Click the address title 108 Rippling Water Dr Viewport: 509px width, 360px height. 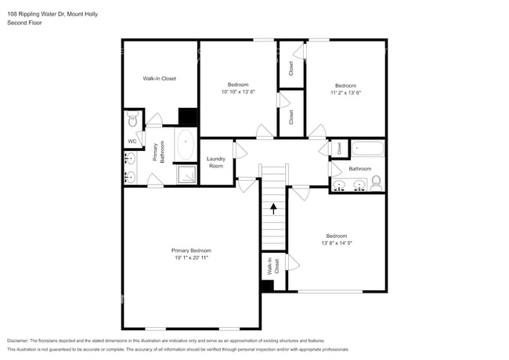coord(47,14)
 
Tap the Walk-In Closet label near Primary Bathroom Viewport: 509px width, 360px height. coord(159,79)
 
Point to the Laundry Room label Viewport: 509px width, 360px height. coord(215,163)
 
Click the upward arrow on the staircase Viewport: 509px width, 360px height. coord(273,208)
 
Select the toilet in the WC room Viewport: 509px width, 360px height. coord(132,121)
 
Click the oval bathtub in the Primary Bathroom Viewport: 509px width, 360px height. coord(186,145)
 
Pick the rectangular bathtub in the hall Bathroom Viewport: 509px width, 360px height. coord(366,149)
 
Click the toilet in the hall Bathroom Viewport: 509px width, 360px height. coord(376,183)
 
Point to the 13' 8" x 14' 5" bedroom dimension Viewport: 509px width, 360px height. coord(337,243)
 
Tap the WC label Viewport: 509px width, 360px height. coord(132,142)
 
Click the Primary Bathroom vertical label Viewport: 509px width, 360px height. coord(160,152)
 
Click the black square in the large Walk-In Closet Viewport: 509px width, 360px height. coord(188,117)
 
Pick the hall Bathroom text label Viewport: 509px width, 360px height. coord(359,169)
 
